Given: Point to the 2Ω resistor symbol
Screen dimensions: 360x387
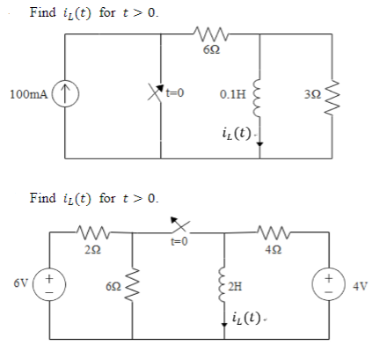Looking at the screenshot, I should click(x=91, y=233).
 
